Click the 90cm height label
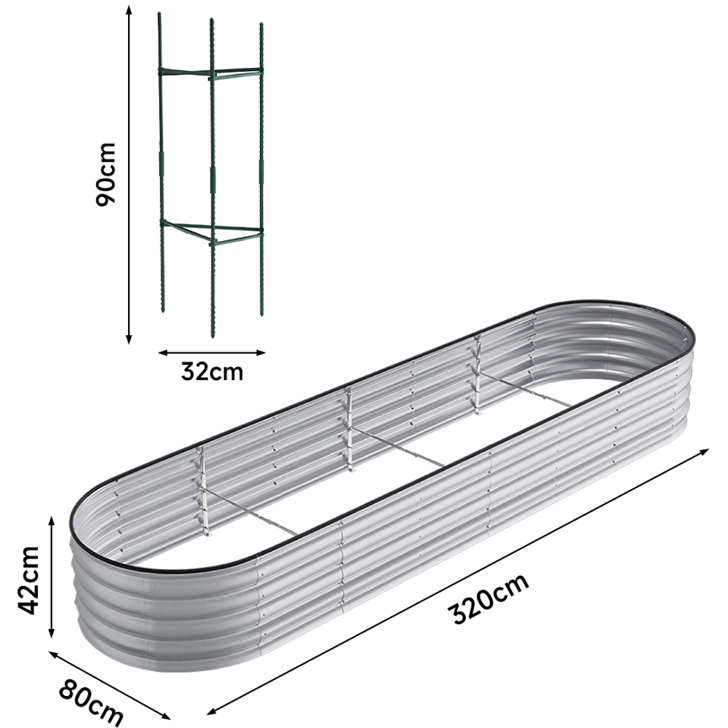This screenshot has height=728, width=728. coord(107,173)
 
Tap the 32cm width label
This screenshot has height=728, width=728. coord(212,372)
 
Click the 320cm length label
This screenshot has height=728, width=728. coord(489,598)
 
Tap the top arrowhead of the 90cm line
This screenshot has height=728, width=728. coord(129,9)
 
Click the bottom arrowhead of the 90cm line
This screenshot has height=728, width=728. coord(129,340)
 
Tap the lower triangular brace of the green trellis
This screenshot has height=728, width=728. coord(211,232)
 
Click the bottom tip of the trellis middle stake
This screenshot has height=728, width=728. coord(213,335)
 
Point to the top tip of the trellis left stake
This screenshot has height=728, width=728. coord(159,15)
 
